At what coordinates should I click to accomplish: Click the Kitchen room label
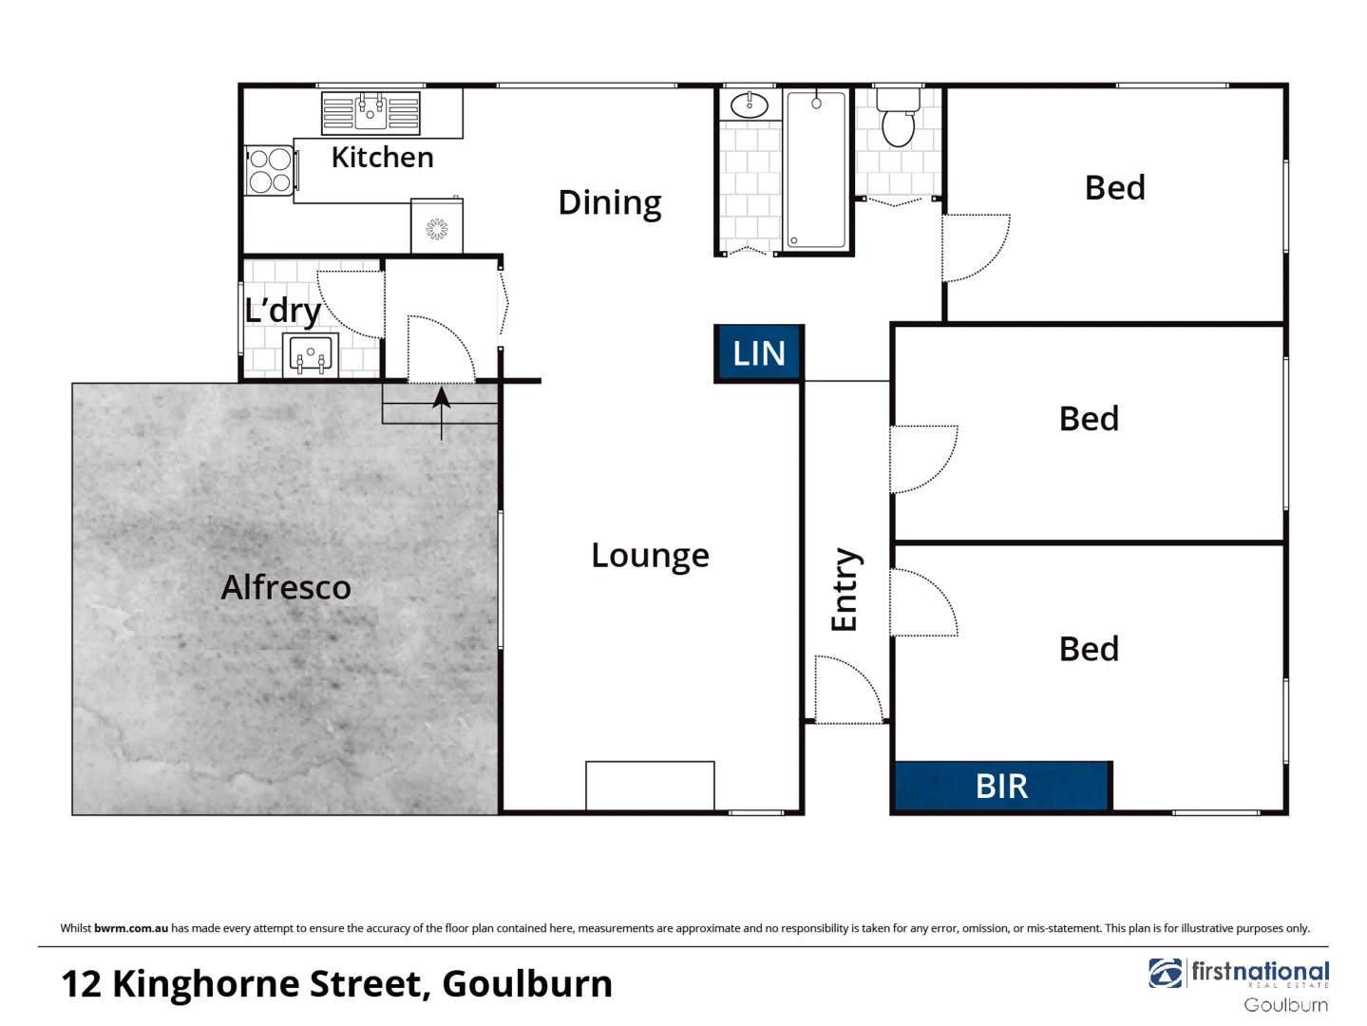382,158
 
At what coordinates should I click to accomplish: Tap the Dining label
609,202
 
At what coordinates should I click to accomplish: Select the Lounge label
650,556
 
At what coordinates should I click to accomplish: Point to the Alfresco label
286,587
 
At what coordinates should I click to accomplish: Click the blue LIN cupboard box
759,353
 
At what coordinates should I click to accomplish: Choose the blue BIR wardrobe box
1002,786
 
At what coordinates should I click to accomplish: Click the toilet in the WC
898,122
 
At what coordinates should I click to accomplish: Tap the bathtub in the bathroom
816,170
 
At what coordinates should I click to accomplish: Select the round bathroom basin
750,104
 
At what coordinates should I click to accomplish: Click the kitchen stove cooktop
270,170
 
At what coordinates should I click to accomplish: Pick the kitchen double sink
370,112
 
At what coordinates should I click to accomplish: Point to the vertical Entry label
845,589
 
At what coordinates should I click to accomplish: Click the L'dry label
282,311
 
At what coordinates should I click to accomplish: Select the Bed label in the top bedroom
1114,188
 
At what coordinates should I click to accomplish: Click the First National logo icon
1166,974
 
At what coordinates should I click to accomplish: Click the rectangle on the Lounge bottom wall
650,786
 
